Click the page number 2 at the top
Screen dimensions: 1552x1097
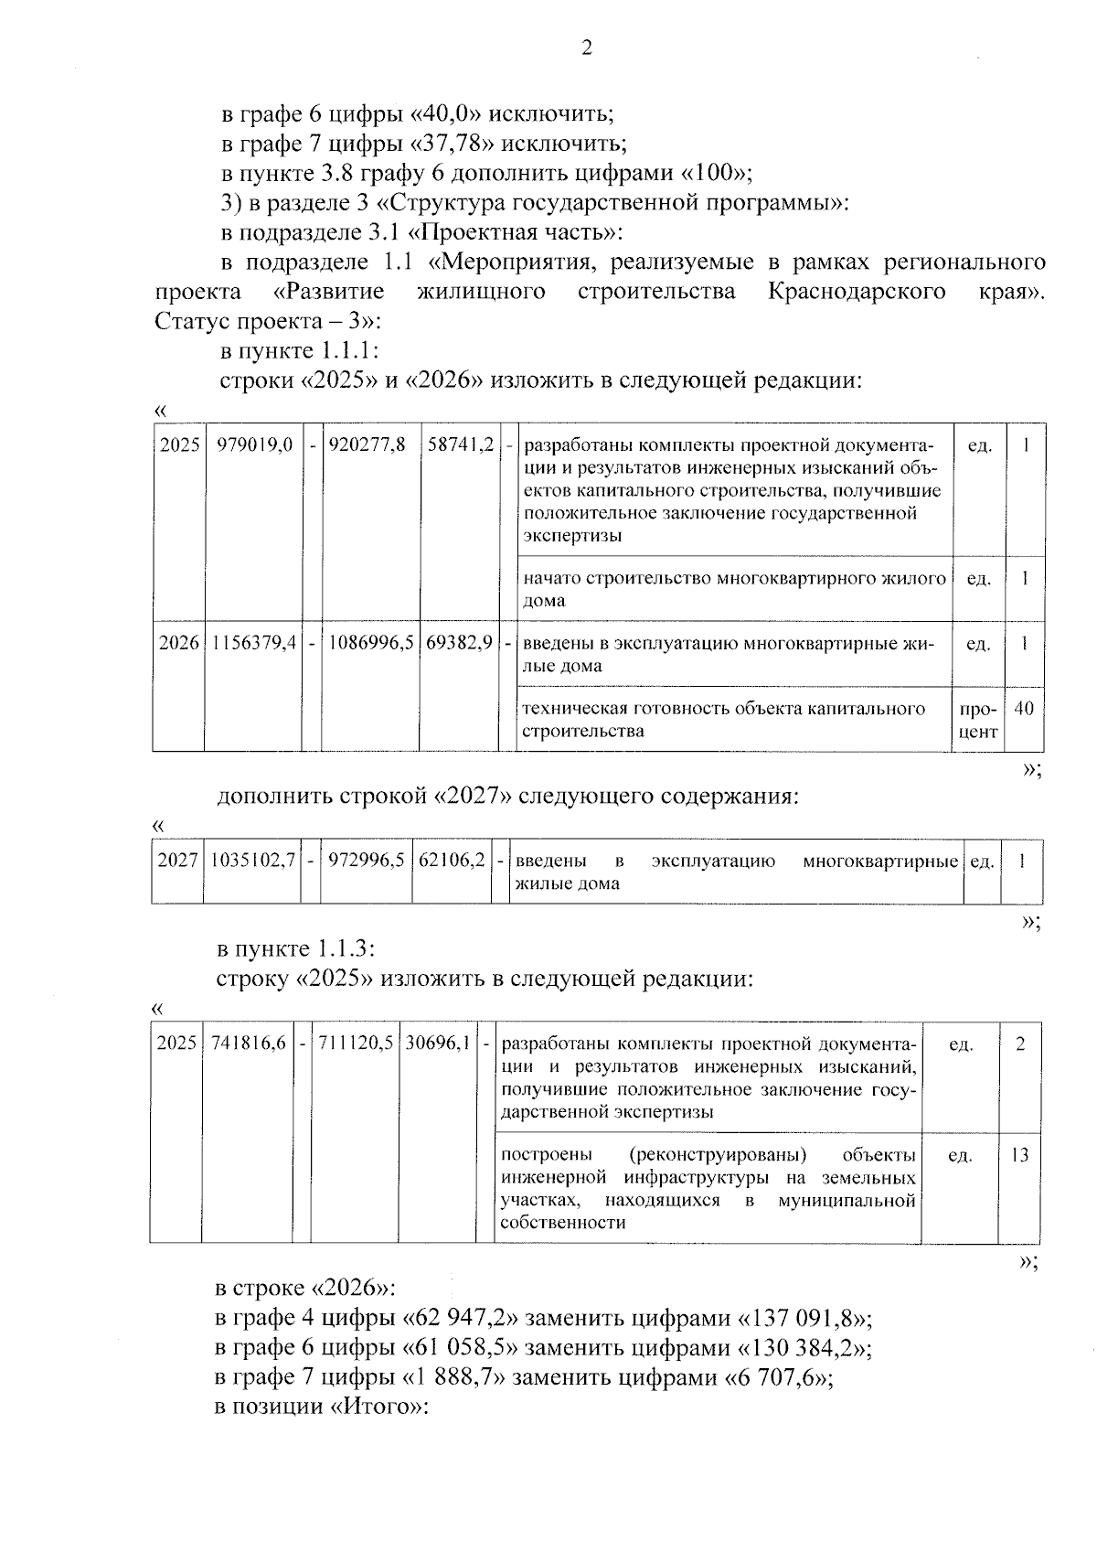pyautogui.click(x=586, y=48)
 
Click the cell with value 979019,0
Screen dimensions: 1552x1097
pyautogui.click(x=254, y=445)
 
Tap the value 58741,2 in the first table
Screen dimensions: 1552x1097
pyautogui.click(x=461, y=445)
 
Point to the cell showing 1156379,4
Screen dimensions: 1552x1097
pyautogui.click(x=254, y=643)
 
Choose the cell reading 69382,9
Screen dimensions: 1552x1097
pyautogui.click(x=460, y=643)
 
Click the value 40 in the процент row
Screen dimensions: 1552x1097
pyautogui.click(x=1024, y=709)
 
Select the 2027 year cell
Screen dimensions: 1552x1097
pyautogui.click(x=177, y=862)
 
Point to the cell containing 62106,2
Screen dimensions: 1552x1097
pyautogui.click(x=451, y=862)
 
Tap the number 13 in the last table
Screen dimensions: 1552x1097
pyautogui.click(x=1019, y=1155)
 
